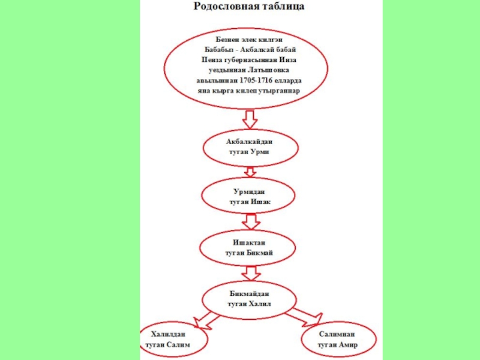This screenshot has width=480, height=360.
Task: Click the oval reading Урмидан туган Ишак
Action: (x=248, y=197)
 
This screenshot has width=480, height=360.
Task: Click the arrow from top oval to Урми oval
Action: (x=247, y=119)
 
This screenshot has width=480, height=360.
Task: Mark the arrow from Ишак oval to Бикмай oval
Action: (x=248, y=222)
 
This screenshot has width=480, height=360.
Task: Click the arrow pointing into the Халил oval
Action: (x=248, y=274)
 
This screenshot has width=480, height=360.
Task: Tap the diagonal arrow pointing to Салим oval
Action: (x=203, y=319)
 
